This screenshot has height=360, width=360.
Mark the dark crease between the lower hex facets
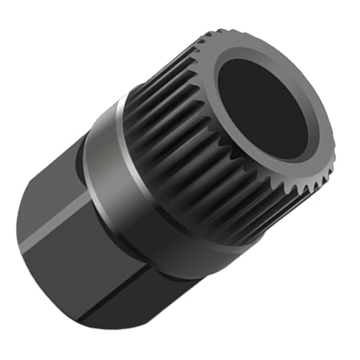pyautogui.click(x=108, y=302)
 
